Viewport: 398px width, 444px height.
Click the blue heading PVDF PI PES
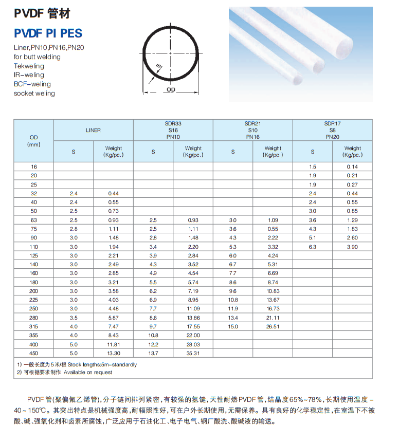click(x=48, y=33)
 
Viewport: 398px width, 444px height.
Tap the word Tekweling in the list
click(x=29, y=66)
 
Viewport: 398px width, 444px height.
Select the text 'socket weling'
click(x=34, y=93)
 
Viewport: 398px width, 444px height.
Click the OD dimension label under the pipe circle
click(x=171, y=89)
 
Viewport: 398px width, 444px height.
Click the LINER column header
click(x=93, y=130)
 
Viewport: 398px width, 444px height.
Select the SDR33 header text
click(x=173, y=124)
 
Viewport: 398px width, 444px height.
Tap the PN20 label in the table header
click(x=332, y=137)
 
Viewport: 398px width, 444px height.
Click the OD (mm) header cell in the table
click(x=33, y=141)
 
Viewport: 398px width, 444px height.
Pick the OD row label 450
click(x=34, y=353)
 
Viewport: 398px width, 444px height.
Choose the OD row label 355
click(x=34, y=335)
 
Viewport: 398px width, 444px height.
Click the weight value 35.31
click(x=193, y=353)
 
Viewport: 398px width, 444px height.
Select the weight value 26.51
click(x=273, y=326)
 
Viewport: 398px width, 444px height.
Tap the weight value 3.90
click(x=352, y=247)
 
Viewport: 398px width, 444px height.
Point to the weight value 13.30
click(x=113, y=353)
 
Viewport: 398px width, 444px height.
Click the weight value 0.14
click(x=352, y=166)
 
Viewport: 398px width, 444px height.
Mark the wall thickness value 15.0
click(x=232, y=326)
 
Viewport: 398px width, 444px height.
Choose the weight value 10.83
click(x=273, y=291)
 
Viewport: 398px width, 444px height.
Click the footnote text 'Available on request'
click(x=88, y=372)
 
